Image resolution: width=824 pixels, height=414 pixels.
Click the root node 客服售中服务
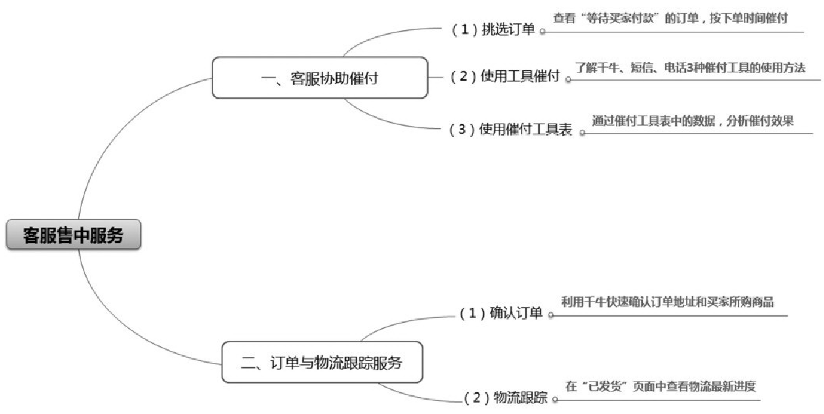[x=73, y=235]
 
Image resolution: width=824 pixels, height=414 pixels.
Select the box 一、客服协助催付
[x=319, y=78]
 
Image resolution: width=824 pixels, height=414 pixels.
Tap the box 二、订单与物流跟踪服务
[x=322, y=362]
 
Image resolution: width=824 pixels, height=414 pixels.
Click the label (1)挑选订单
[x=494, y=30]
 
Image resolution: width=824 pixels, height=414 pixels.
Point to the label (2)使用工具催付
[x=505, y=77]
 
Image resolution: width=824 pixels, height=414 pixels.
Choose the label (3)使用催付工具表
[x=510, y=130]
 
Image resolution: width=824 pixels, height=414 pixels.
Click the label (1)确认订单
[x=501, y=313]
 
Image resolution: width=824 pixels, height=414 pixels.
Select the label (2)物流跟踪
[x=505, y=398]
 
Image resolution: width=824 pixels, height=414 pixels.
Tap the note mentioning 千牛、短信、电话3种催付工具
[x=690, y=68]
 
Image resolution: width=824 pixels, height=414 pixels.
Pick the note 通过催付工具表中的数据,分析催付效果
[x=692, y=121]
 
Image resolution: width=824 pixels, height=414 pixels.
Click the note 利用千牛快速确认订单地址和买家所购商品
[x=667, y=302]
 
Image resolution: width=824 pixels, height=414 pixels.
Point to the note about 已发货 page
[x=660, y=386]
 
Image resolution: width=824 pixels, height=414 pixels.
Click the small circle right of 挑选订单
[x=542, y=31]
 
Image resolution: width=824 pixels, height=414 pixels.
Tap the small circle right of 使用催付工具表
[x=582, y=132]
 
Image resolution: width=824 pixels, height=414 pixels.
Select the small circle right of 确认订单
[x=551, y=315]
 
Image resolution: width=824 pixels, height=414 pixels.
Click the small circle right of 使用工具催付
[x=568, y=79]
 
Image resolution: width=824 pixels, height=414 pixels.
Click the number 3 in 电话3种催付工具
[x=689, y=68]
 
